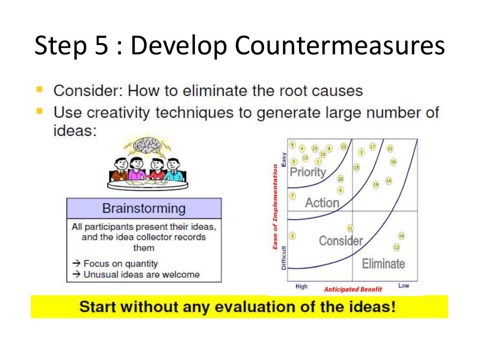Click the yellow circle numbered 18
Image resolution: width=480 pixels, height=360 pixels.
point(401,236)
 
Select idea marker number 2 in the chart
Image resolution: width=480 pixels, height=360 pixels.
point(292,236)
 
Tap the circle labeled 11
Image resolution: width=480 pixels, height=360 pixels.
point(350,228)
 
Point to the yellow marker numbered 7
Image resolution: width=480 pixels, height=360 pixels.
point(292,196)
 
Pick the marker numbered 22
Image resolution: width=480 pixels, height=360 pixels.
point(343,147)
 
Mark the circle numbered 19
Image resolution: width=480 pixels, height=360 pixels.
point(375,184)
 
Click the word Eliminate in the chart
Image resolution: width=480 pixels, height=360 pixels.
point(383,263)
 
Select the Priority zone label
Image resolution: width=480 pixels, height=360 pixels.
point(307,172)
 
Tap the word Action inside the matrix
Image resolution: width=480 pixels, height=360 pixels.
point(322,203)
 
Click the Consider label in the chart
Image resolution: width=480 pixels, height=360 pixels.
point(341,241)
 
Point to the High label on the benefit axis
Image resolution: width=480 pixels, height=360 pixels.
point(301,286)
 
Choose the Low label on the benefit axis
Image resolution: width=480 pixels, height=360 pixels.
point(403,285)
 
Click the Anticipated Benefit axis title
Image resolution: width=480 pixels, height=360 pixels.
point(352,289)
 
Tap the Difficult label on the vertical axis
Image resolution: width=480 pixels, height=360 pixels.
point(284,259)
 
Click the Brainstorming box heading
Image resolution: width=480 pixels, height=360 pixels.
point(143,208)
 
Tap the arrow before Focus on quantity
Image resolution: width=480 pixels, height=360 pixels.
point(76,263)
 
